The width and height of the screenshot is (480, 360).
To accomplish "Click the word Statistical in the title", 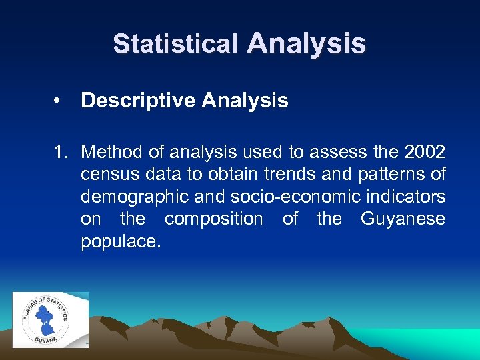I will [x=175, y=44].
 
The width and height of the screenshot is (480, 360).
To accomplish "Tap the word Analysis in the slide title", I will [x=306, y=43].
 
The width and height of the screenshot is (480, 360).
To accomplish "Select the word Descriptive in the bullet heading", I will [x=138, y=101].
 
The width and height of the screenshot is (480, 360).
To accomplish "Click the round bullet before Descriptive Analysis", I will [x=59, y=101].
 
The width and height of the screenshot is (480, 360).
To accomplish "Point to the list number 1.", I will [x=61, y=153].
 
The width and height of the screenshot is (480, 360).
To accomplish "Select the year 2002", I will [x=425, y=153].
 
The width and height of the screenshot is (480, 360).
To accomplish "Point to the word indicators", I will [x=404, y=197].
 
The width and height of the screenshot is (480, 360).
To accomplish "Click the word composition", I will [x=213, y=219].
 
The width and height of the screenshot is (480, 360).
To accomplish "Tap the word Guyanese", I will [x=402, y=219].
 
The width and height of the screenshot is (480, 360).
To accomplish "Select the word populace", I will [x=121, y=241].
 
